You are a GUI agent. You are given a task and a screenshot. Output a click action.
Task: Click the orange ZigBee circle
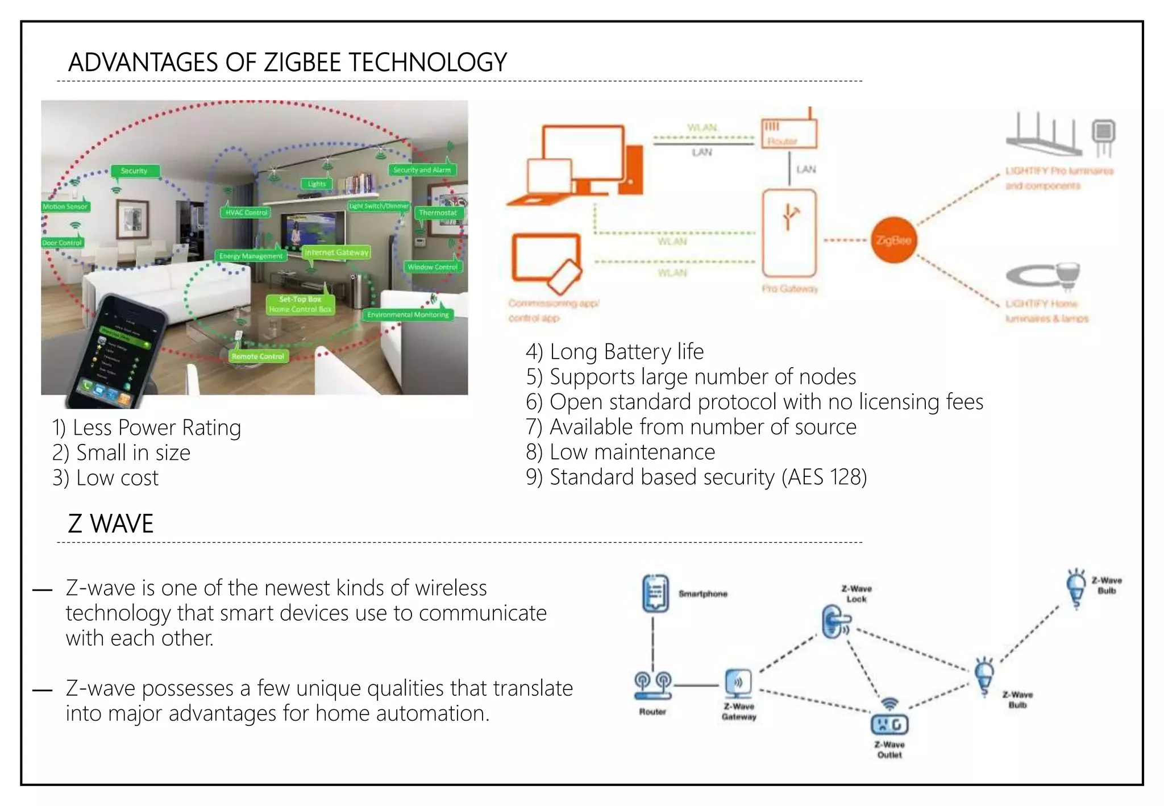click(x=893, y=240)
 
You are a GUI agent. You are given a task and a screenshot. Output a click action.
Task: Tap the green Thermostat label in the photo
click(x=438, y=213)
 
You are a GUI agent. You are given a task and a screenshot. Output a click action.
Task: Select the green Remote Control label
click(x=257, y=356)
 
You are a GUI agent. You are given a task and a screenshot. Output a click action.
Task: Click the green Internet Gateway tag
click(x=336, y=252)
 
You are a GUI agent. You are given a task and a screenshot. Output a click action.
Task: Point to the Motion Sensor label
click(x=65, y=206)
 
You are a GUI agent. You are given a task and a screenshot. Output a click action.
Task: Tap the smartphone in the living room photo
click(x=114, y=352)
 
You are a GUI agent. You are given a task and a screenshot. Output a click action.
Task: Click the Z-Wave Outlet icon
click(x=889, y=724)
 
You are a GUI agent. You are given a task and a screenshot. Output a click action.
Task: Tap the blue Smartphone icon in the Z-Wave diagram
click(x=655, y=593)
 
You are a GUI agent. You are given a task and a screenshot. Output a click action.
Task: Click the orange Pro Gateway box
click(x=789, y=233)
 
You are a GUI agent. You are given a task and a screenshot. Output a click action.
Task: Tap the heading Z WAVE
click(x=111, y=524)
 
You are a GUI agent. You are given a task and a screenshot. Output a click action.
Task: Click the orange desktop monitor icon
click(x=583, y=151)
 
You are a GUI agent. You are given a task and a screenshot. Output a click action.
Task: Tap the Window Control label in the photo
click(x=432, y=267)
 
